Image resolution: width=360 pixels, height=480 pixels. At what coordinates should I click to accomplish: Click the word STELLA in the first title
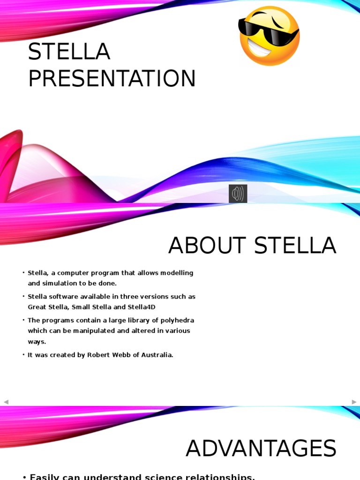tap(69, 52)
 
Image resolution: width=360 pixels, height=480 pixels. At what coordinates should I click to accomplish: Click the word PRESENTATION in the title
tap(112, 79)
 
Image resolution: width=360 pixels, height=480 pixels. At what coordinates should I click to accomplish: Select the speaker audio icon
tap(238, 194)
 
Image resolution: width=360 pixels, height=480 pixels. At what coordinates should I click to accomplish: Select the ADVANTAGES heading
tap(261, 449)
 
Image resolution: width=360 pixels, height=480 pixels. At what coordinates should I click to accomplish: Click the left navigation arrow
tap(6, 402)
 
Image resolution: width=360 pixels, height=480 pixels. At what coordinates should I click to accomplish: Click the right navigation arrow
tap(354, 402)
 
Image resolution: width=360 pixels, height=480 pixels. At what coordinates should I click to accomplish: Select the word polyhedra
tap(178, 320)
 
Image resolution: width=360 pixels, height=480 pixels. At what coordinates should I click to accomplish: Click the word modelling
tap(177, 273)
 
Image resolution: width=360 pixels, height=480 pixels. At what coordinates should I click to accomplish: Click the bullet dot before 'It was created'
tap(23, 355)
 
